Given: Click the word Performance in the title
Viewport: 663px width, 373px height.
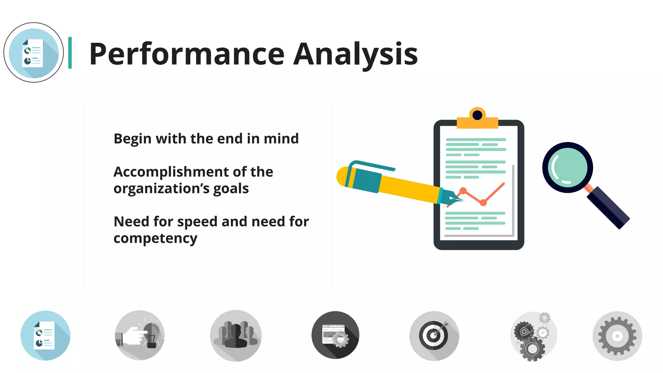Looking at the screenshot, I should tap(187, 54).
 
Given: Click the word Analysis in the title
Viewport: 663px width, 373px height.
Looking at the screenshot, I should tap(355, 54).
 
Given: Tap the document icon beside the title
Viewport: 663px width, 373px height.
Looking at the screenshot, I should tap(33, 52).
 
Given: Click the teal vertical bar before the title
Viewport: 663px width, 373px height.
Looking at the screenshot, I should tap(70, 53).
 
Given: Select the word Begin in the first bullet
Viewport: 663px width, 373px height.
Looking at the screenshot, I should tap(132, 139).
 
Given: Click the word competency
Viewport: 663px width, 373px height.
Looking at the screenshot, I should tap(155, 239).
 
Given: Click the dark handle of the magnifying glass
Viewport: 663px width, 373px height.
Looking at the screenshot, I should tap(609, 208).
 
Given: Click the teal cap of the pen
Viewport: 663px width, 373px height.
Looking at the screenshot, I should tap(364, 179).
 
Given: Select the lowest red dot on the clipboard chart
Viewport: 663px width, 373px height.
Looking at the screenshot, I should tap(483, 203).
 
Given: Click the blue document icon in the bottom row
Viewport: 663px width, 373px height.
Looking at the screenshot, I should tap(45, 335).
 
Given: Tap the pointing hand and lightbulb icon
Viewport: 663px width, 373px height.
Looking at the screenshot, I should tap(140, 335).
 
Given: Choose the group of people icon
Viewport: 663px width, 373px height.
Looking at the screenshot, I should tap(236, 335).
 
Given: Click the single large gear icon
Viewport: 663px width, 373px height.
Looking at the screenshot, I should tap(617, 336).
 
